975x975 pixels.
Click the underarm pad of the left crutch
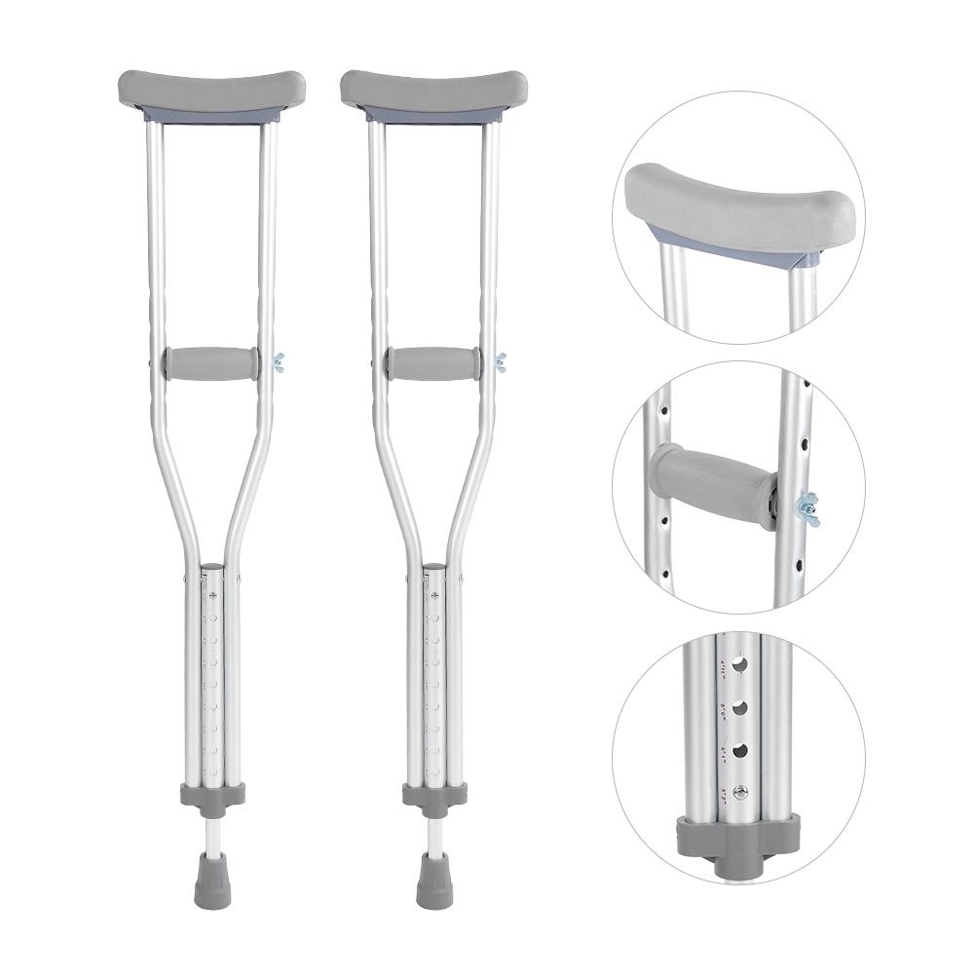(x=211, y=90)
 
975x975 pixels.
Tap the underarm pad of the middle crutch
(x=433, y=90)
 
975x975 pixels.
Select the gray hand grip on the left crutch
(x=211, y=363)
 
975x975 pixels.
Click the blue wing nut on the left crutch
(x=280, y=363)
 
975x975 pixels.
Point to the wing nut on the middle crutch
(x=501, y=363)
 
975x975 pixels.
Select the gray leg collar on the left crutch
(x=211, y=794)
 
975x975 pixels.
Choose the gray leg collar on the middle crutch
(x=434, y=794)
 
